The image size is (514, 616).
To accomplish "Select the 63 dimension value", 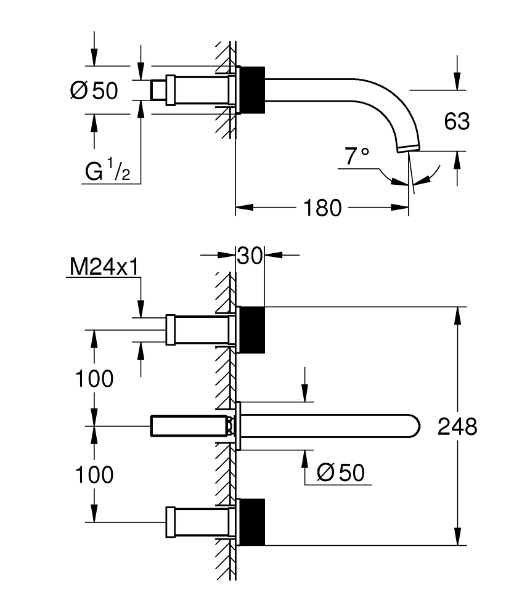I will pyautogui.click(x=457, y=121).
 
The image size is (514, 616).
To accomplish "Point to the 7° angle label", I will pyautogui.click(x=357, y=156).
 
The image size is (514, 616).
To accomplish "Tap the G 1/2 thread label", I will pyautogui.click(x=107, y=172).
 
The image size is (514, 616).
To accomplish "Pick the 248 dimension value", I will pyautogui.click(x=457, y=426).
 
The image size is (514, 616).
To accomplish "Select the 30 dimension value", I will pyautogui.click(x=251, y=254).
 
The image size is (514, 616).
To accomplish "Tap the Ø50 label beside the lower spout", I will pyautogui.click(x=340, y=472).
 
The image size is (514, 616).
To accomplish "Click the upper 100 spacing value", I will pyautogui.click(x=94, y=379).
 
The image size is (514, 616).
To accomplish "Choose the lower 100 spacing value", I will pyautogui.click(x=94, y=474).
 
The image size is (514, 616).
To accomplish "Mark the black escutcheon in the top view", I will pyautogui.click(x=251, y=89).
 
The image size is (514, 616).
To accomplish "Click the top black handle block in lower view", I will pyautogui.click(x=251, y=330).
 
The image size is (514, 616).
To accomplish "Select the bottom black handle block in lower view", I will pyautogui.click(x=251, y=522).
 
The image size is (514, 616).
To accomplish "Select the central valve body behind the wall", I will pyautogui.click(x=190, y=426).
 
